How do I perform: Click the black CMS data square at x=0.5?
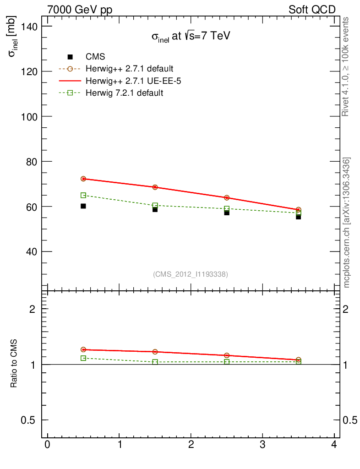83,206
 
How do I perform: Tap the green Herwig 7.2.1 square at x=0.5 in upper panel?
83,195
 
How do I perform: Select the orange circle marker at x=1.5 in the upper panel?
155,187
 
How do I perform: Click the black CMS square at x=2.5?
227,213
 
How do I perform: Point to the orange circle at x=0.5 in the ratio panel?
83,349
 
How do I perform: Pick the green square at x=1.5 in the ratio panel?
155,362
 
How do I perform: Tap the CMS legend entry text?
95,57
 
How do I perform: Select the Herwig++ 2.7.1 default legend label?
129,69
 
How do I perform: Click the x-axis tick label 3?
262,445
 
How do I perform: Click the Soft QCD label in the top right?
312,10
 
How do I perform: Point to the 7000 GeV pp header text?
80,10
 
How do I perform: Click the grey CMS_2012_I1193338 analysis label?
191,274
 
